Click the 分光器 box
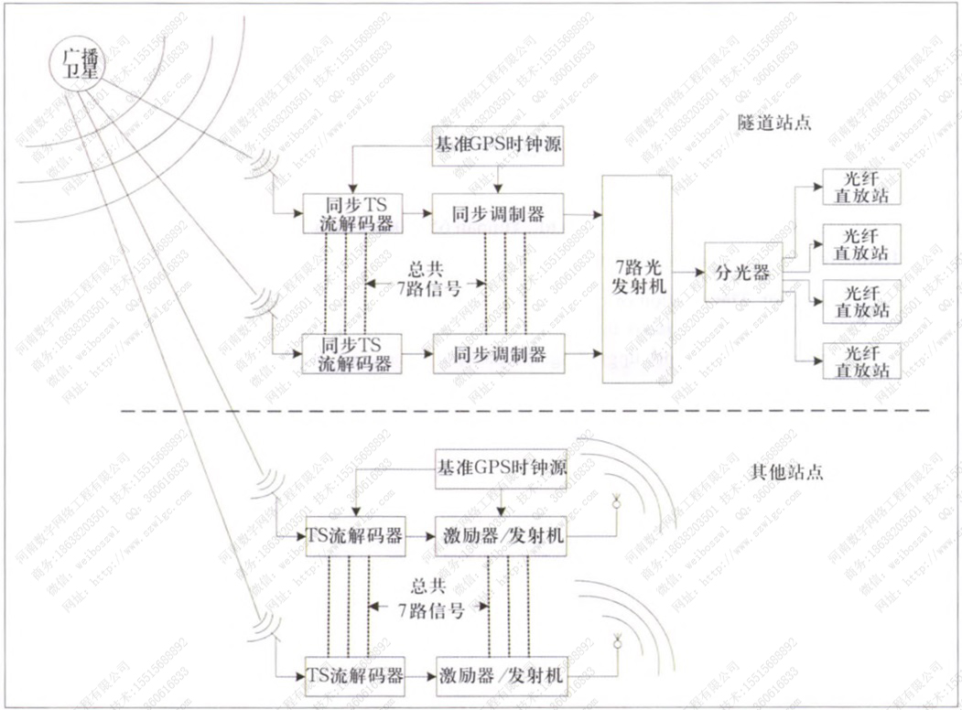coord(742,273)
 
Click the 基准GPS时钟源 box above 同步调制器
coord(499,145)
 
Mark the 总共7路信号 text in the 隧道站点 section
coord(427,278)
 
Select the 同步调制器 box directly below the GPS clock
coord(498,213)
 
